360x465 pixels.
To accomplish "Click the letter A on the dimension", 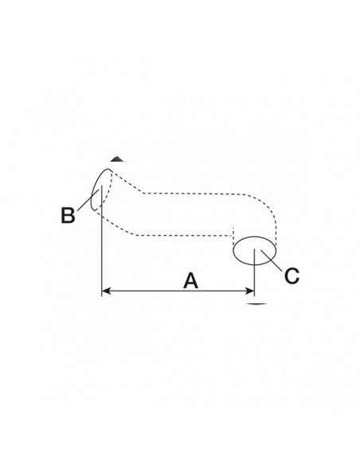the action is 190,281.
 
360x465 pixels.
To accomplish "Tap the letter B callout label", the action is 68,215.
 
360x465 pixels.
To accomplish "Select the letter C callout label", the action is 292,275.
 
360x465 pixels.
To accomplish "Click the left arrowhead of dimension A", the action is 106,291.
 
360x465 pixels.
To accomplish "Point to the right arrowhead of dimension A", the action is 249,291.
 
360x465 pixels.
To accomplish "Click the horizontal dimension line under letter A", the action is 178,291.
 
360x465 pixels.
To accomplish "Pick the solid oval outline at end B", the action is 94,185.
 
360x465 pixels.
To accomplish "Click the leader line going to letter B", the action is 88,200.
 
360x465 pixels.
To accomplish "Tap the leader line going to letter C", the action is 272,260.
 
